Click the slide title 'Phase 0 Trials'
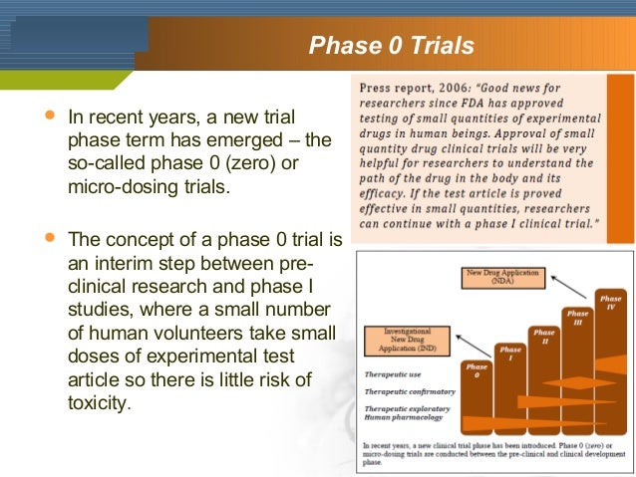click(x=391, y=46)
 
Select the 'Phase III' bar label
click(x=576, y=317)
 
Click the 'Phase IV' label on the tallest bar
click(x=610, y=301)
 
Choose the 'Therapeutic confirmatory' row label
click(x=405, y=392)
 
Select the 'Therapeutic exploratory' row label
click(x=404, y=409)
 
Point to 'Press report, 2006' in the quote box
click(x=400, y=87)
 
